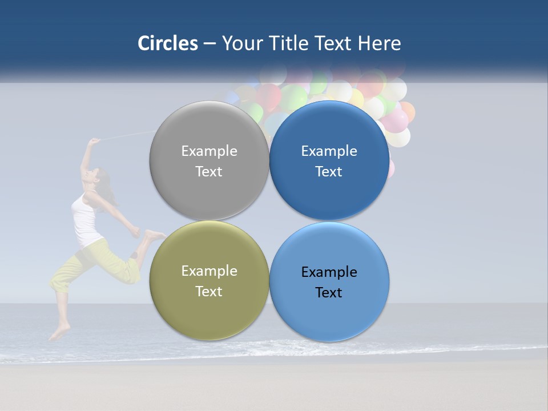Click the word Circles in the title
167,43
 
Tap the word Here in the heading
379,43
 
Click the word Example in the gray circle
209,151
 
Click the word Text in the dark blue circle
329,171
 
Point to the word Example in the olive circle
209,271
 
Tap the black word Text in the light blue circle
329,292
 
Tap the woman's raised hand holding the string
92,141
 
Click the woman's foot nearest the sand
59,332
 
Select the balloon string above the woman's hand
126,135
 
